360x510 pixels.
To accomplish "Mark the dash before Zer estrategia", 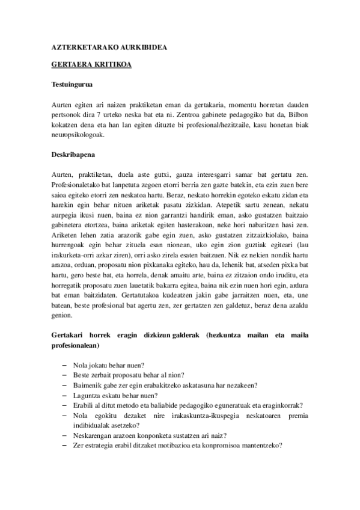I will click(x=64, y=444).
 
